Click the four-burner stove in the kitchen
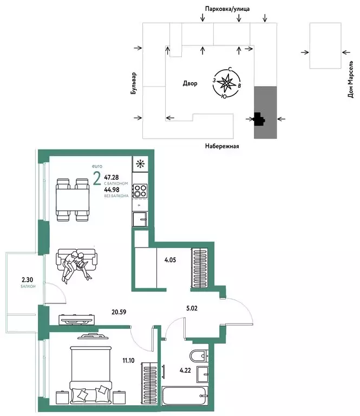pos(140,191)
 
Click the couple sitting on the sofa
pos(76,264)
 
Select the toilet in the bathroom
pos(199,356)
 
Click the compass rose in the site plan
pos(227,83)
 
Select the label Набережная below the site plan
pos(221,146)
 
